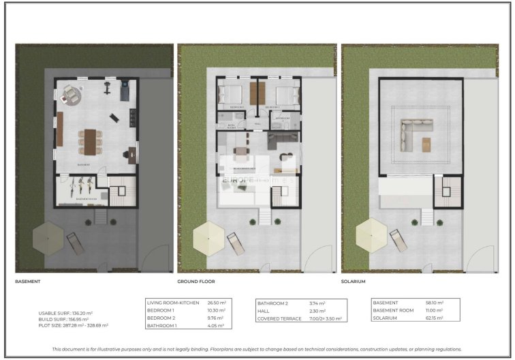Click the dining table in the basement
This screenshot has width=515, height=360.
[x=87, y=140]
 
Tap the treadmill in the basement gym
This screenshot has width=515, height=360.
[x=125, y=91]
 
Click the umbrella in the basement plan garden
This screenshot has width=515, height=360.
[x=48, y=237]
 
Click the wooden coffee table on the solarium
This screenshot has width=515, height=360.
[x=427, y=145]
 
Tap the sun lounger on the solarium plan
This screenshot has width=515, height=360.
[x=396, y=239]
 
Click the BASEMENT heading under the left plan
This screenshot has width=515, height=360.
[x=28, y=282]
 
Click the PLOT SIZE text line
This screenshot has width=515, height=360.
[x=74, y=325]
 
